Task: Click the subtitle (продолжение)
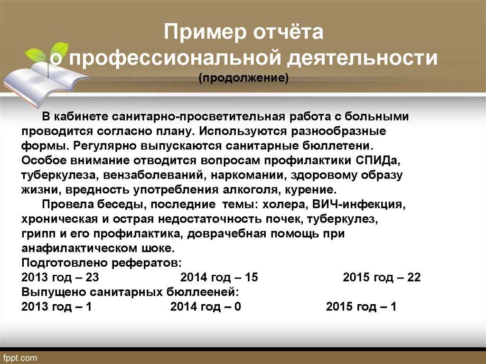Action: (x=243, y=78)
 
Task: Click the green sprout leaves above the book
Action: (x=47, y=53)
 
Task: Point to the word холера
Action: (x=285, y=205)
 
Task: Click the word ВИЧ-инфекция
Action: (x=359, y=205)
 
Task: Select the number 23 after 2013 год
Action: (x=92, y=277)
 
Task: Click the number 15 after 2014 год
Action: (x=251, y=277)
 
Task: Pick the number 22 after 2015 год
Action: (x=414, y=277)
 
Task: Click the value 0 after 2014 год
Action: (x=237, y=307)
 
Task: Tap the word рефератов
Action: (x=146, y=263)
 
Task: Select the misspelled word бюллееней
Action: (x=203, y=292)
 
